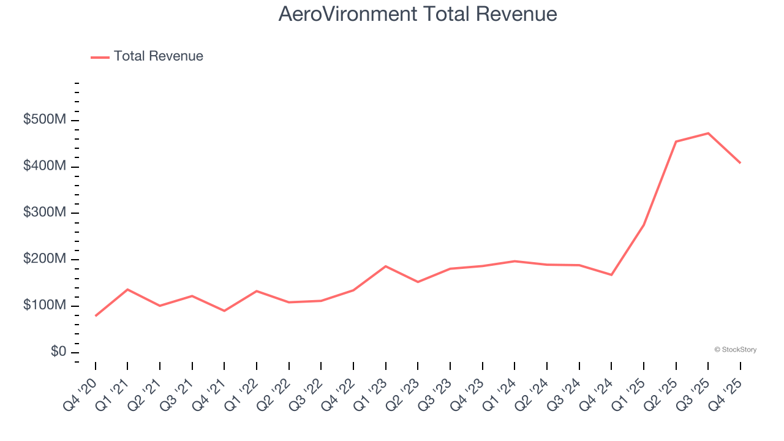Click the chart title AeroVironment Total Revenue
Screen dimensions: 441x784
click(x=418, y=13)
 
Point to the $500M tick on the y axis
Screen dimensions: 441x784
click(x=45, y=120)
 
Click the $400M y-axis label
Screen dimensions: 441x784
click(x=45, y=167)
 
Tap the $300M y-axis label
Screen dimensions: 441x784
click(x=45, y=213)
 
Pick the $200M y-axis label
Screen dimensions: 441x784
click(x=45, y=260)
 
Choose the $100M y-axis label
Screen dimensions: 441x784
click(x=45, y=306)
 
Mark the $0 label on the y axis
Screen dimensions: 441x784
click(x=58, y=352)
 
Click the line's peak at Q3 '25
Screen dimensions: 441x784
click(x=708, y=133)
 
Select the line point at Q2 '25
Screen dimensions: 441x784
click(x=676, y=141)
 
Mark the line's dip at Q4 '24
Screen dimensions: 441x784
click(x=611, y=275)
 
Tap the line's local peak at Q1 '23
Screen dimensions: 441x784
click(x=386, y=266)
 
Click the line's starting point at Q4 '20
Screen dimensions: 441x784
click(x=96, y=316)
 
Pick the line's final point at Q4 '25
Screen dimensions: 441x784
click(x=741, y=163)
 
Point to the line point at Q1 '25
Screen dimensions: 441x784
click(x=644, y=225)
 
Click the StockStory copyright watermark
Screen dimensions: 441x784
click(x=735, y=350)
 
